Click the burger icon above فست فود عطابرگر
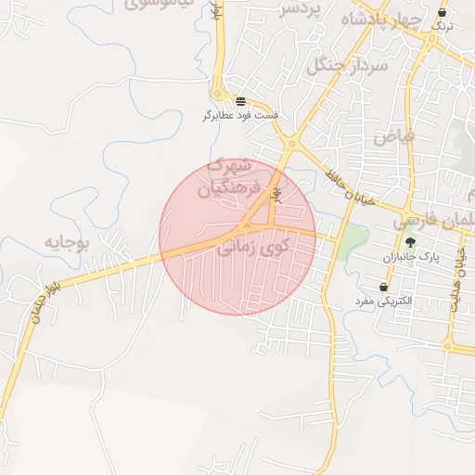pos(241,101)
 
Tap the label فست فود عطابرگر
pos(241,117)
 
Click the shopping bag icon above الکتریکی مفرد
pos(382,286)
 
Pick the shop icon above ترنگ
pos(441,13)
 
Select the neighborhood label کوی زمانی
pos(252,247)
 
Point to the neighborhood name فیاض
pos(393,135)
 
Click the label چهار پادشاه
pos(381,19)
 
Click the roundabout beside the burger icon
pos(219,95)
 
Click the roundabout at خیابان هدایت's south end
pos(449,347)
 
